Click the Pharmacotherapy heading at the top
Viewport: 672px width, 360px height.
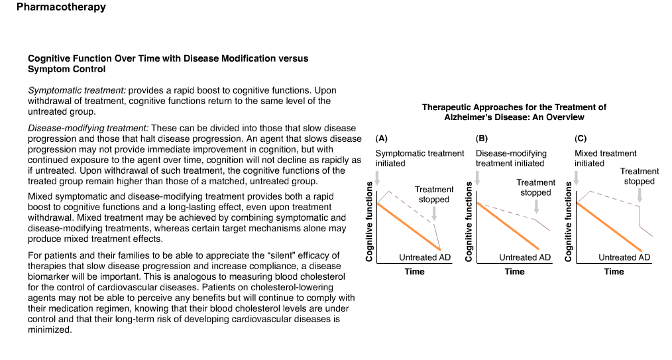pos(61,7)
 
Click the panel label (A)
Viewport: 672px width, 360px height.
pos(381,139)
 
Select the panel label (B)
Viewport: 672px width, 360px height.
pos(481,139)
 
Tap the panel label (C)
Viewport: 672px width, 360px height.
pos(581,139)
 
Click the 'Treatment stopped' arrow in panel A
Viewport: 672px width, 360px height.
pos(434,213)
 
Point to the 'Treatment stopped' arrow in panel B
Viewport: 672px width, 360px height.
pos(535,207)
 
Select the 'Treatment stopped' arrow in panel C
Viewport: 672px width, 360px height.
pos(640,196)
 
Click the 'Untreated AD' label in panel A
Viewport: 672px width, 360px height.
pos(425,257)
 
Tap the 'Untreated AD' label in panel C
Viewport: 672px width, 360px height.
pos(624,257)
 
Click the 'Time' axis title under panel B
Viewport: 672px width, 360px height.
pos(514,271)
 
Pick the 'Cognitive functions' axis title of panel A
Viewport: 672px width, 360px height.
pos(369,221)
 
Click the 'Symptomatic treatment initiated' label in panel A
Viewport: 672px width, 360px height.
pos(420,158)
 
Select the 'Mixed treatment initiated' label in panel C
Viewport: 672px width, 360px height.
pos(605,158)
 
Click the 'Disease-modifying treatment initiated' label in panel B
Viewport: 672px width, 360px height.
pos(511,158)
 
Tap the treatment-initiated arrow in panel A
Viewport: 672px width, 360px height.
pos(377,178)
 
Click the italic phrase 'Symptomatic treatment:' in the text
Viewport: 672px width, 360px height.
pos(77,90)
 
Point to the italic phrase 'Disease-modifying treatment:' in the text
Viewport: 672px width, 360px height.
pos(88,128)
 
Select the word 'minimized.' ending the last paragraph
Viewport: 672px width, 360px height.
pos(50,330)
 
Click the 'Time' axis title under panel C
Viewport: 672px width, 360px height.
pos(614,271)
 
